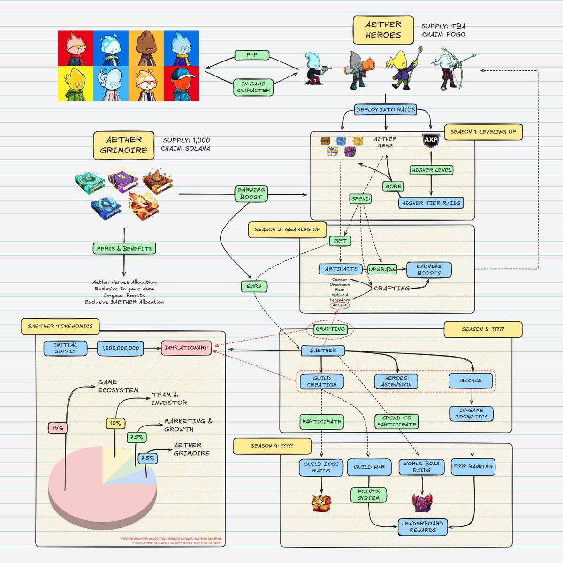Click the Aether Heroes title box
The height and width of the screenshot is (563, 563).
pos(383,30)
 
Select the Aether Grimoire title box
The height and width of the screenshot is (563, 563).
pos(123,145)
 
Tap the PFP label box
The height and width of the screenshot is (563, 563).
pos(252,55)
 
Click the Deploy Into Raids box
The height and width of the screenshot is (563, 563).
pos(386,110)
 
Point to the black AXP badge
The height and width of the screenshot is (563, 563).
pos(431,140)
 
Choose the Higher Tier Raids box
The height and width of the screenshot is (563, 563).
pos(431,203)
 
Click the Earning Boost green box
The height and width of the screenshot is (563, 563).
pos(251,193)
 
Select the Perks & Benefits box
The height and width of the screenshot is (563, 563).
pos(124,248)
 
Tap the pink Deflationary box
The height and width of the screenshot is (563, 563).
pos(186,348)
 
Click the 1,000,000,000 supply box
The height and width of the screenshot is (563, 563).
pos(121,348)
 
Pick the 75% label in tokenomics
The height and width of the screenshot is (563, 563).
pos(57,428)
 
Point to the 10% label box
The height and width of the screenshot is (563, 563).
pos(115,423)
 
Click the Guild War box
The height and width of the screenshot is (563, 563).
pos(369,467)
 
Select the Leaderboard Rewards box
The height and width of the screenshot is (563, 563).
pos(422,527)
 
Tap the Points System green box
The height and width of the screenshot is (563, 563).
pos(368,495)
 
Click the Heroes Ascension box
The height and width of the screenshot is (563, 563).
pos(396,381)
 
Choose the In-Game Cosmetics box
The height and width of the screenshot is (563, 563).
pos(471,413)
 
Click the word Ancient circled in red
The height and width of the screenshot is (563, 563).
pos(340,305)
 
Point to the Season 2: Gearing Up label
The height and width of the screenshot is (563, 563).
pos(287,230)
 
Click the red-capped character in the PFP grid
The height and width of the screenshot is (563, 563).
pos(181,84)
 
